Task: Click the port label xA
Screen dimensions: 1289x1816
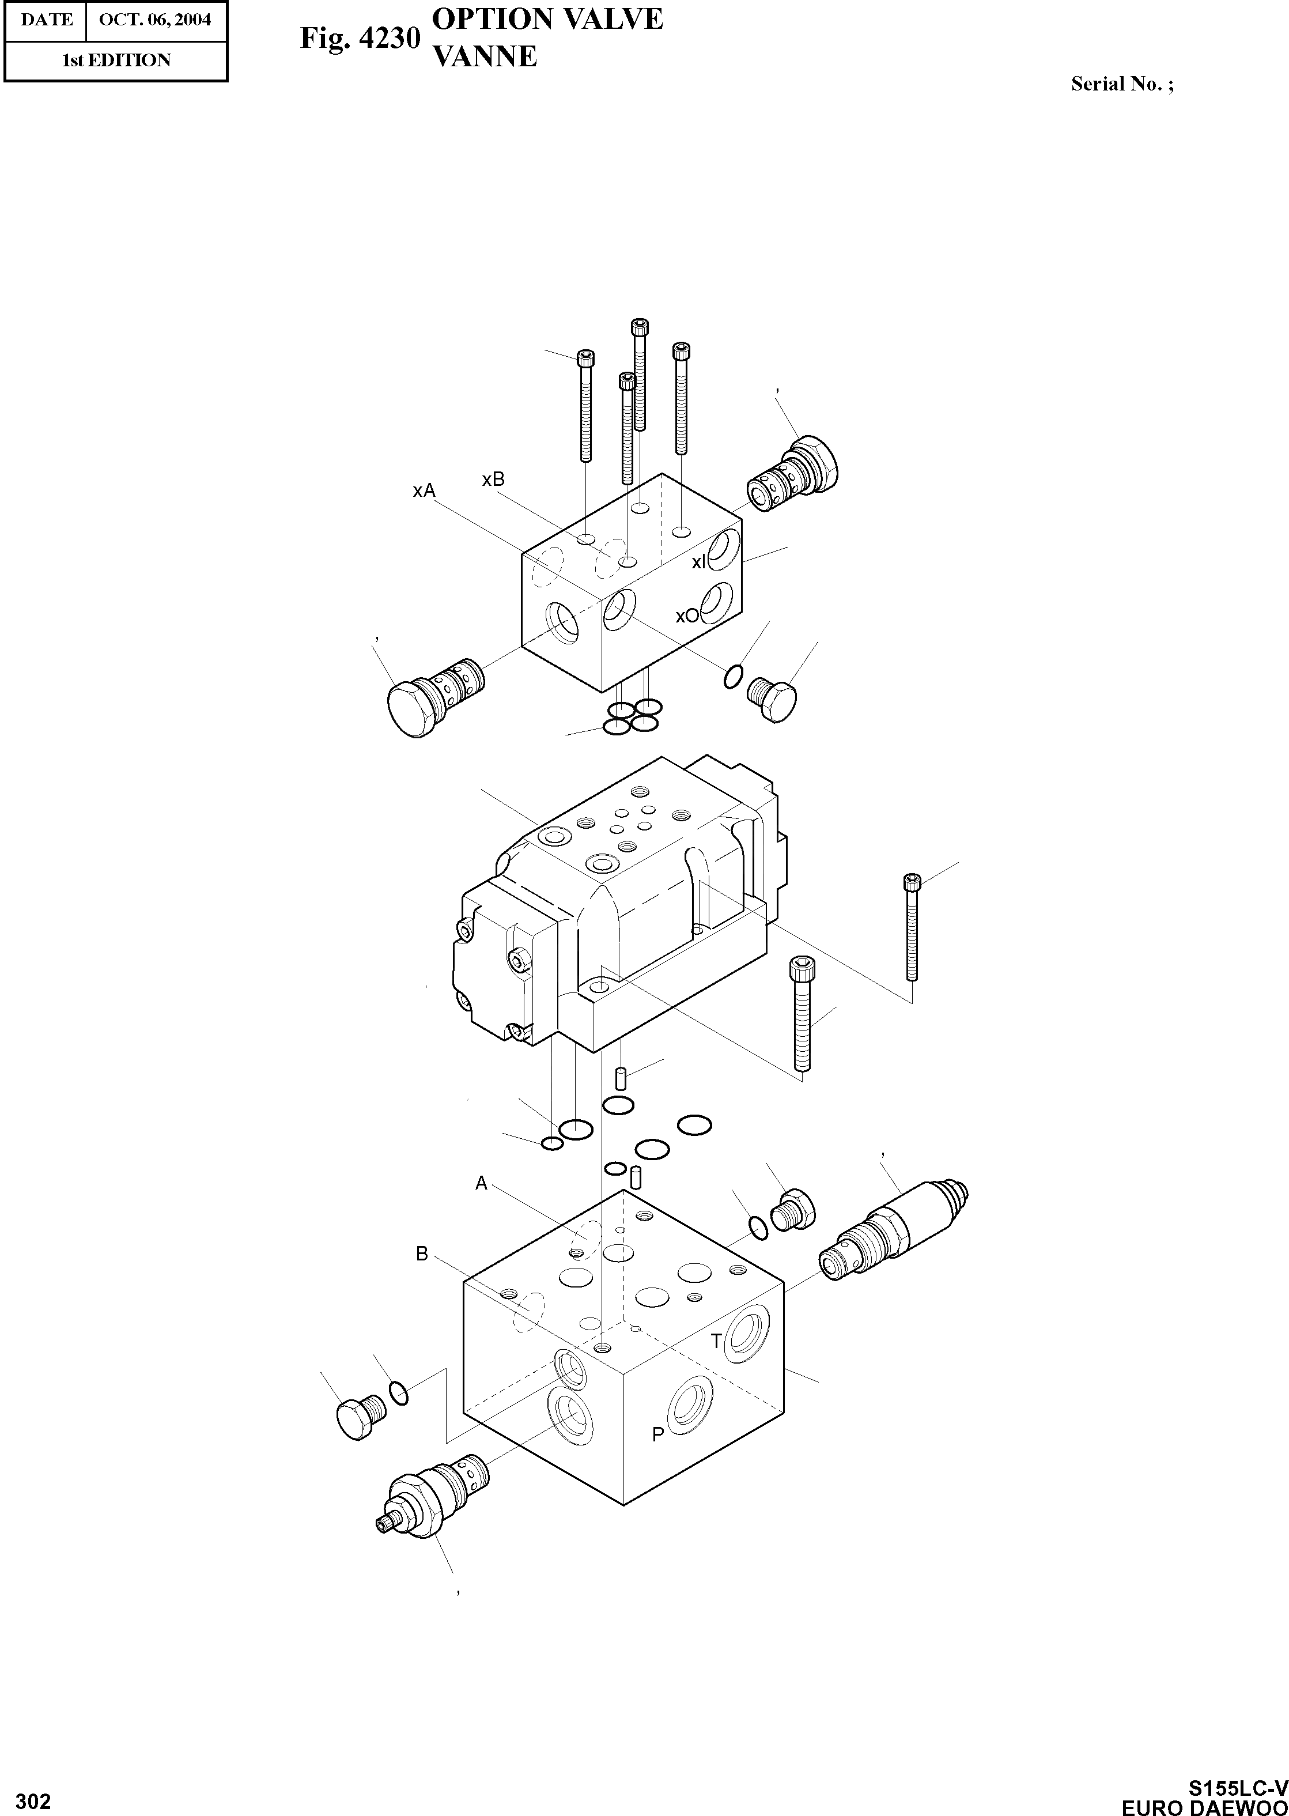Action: click(x=424, y=490)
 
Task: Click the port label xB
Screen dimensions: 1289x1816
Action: click(x=493, y=480)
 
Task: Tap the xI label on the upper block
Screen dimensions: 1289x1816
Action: click(x=698, y=562)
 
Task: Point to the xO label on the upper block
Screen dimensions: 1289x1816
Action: click(x=687, y=616)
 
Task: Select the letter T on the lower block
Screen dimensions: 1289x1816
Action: click(x=716, y=1341)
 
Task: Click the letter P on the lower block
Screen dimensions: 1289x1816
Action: click(x=657, y=1434)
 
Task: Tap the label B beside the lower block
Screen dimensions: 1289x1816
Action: click(x=422, y=1254)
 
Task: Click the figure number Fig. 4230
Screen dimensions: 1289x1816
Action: click(x=360, y=38)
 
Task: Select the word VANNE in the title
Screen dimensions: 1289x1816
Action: click(x=484, y=56)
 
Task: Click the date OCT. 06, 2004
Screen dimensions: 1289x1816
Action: click(x=156, y=20)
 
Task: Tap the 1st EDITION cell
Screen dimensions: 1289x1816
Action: click(x=116, y=61)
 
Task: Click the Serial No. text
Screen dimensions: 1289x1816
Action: click(x=1121, y=84)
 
